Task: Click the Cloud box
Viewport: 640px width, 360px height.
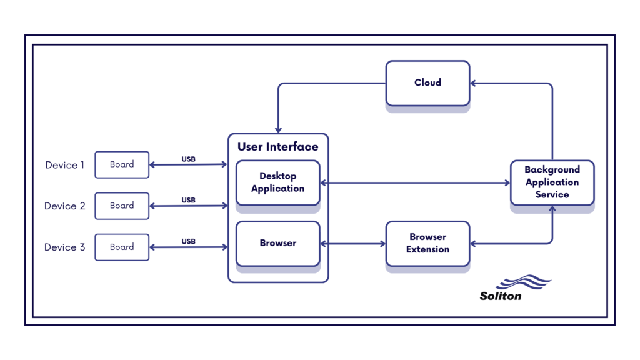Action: point(427,82)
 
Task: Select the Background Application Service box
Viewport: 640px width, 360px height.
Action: point(552,182)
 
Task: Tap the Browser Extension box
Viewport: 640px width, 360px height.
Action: point(427,243)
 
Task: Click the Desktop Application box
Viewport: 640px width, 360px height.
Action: point(277,182)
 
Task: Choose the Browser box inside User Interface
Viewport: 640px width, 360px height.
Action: point(277,243)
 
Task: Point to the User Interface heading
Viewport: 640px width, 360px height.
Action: point(277,147)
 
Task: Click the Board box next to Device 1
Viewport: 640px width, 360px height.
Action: point(122,164)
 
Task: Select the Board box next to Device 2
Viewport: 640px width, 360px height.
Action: point(122,206)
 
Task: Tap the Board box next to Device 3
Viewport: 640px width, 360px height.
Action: point(122,247)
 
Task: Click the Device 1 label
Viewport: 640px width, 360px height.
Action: point(65,165)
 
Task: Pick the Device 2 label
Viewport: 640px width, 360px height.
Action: point(65,206)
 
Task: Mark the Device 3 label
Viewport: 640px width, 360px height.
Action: point(65,247)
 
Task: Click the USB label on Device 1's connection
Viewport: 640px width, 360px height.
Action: point(188,159)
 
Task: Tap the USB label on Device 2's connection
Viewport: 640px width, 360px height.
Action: point(188,200)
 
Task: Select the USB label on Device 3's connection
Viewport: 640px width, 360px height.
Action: point(188,241)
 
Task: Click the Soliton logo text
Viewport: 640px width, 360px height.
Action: point(501,296)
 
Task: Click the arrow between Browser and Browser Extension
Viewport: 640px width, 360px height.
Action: point(352,244)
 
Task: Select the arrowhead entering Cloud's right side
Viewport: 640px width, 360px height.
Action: point(474,83)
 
